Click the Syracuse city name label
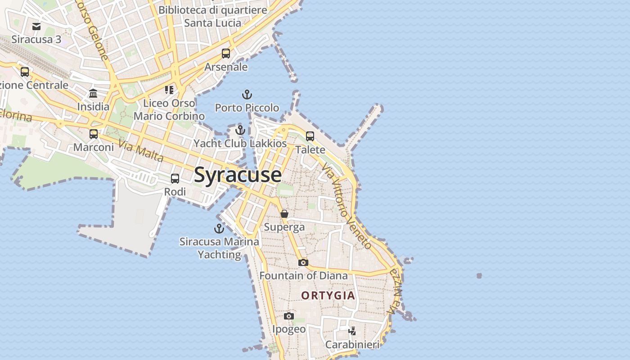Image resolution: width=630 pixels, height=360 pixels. tap(238, 175)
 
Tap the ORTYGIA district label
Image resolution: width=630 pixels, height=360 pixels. tap(328, 296)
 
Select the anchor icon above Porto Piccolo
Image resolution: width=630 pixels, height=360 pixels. tap(247, 94)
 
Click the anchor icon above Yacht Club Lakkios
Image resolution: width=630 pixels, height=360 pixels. tap(240, 130)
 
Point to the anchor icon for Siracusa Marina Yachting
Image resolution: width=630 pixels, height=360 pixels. tap(219, 229)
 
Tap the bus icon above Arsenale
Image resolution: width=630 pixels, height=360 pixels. tap(226, 54)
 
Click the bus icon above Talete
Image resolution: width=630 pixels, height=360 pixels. tap(310, 136)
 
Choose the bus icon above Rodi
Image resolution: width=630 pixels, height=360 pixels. tap(175, 179)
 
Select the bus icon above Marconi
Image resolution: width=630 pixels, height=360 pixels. tap(94, 134)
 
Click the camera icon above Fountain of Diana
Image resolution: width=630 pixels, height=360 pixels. tap(303, 262)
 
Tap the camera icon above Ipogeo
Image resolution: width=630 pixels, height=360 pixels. tap(289, 316)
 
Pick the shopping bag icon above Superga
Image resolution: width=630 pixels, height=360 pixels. tap(284, 214)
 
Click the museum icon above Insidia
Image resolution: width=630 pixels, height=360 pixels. tap(93, 94)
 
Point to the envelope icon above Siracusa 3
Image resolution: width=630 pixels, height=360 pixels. tap(36, 26)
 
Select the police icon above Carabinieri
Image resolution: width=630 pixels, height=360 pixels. tap(352, 331)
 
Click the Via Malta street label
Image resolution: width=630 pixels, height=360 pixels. tap(141, 151)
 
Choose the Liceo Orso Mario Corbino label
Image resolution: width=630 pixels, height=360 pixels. tap(169, 109)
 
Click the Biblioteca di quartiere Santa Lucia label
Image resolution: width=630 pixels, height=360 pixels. tap(213, 16)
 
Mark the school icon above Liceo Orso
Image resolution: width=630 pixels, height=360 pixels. tap(169, 90)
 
